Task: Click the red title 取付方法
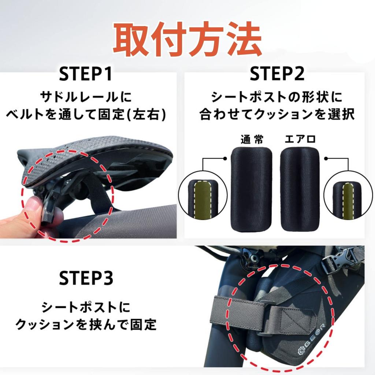pyautogui.click(x=187, y=40)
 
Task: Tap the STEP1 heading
pyautogui.click(x=86, y=74)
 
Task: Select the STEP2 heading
pyautogui.click(x=277, y=74)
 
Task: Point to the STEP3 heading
pyautogui.click(x=86, y=278)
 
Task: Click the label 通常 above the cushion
pyautogui.click(x=252, y=140)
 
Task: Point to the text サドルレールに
pyautogui.click(x=86, y=97)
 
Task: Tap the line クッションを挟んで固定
pyautogui.click(x=86, y=324)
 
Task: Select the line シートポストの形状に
pyautogui.click(x=277, y=97)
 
